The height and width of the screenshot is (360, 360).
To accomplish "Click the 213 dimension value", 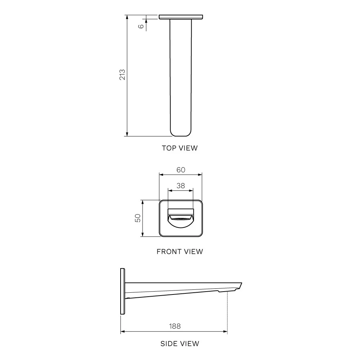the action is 122,75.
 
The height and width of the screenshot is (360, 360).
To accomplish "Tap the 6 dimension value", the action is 141,26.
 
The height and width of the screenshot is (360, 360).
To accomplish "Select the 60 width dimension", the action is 181,170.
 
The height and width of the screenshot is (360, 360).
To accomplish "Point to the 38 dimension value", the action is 181,185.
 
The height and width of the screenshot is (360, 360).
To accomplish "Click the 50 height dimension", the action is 138,218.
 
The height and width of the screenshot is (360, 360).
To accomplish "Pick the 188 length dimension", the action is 175,326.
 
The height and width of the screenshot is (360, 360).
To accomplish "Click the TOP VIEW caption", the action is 180,148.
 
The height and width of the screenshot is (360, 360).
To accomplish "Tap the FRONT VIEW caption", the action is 180,252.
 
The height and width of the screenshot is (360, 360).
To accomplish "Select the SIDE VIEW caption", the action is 180,343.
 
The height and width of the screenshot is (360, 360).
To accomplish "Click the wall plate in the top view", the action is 181,17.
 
